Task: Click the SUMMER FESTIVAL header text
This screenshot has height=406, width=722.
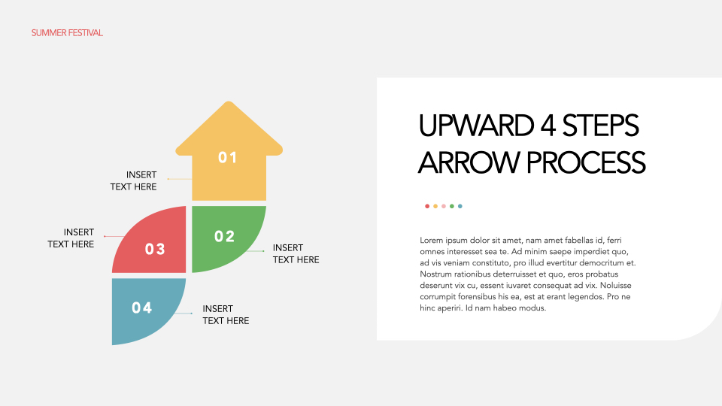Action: [67, 32]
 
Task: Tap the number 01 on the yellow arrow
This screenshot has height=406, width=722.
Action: [227, 157]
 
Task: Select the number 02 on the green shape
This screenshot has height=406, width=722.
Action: [225, 236]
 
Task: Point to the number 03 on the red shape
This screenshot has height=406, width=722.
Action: [155, 249]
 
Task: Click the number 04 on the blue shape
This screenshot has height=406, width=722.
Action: [142, 308]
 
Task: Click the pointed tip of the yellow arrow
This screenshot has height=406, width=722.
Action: [229, 101]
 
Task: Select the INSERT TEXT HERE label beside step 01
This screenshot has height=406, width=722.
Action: [134, 181]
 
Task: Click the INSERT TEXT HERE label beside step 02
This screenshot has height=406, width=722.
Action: [296, 253]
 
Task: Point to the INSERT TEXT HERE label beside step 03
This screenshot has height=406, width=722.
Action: [71, 238]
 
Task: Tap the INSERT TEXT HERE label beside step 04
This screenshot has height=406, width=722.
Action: [226, 314]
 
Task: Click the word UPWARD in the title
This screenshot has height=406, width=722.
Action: [476, 126]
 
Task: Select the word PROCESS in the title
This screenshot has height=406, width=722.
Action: [586, 162]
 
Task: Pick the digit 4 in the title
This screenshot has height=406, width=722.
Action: [548, 126]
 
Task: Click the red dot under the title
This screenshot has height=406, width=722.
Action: [427, 206]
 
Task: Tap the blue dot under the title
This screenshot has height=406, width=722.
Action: [460, 206]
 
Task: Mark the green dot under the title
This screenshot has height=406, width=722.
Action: [452, 206]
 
